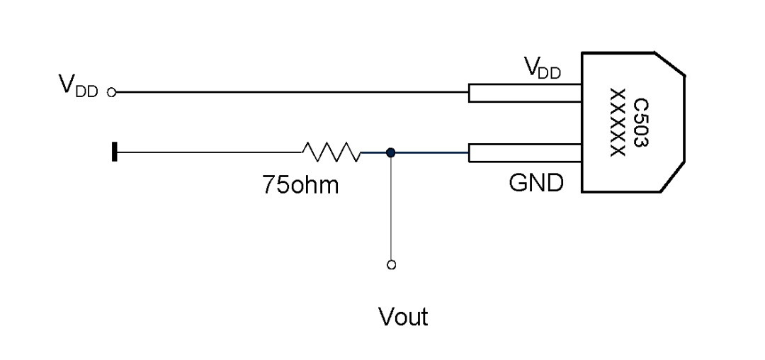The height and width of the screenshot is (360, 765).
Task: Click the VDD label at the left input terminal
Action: (78, 86)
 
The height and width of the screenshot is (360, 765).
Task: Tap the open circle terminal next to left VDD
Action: (112, 92)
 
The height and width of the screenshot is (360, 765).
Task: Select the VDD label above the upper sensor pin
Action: (543, 68)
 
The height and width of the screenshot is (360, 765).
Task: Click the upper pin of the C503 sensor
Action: (525, 93)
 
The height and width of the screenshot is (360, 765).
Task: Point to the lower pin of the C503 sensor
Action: (525, 152)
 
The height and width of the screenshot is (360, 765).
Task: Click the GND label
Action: (536, 183)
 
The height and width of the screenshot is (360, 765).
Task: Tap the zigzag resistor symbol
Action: (331, 152)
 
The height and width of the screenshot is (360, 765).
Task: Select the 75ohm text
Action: (300, 185)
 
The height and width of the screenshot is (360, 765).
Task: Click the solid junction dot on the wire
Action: (390, 152)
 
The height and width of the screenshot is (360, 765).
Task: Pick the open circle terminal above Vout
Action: (391, 265)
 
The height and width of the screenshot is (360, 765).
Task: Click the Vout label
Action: (403, 317)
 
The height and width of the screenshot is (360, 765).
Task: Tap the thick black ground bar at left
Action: (115, 151)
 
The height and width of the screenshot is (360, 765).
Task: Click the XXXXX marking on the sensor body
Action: (618, 123)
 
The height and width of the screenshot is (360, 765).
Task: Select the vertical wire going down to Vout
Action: (391, 209)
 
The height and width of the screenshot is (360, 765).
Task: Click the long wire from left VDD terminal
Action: (292, 91)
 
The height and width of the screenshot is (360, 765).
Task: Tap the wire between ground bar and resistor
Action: (210, 152)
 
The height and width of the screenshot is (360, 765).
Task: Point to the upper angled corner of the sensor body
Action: (669, 64)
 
